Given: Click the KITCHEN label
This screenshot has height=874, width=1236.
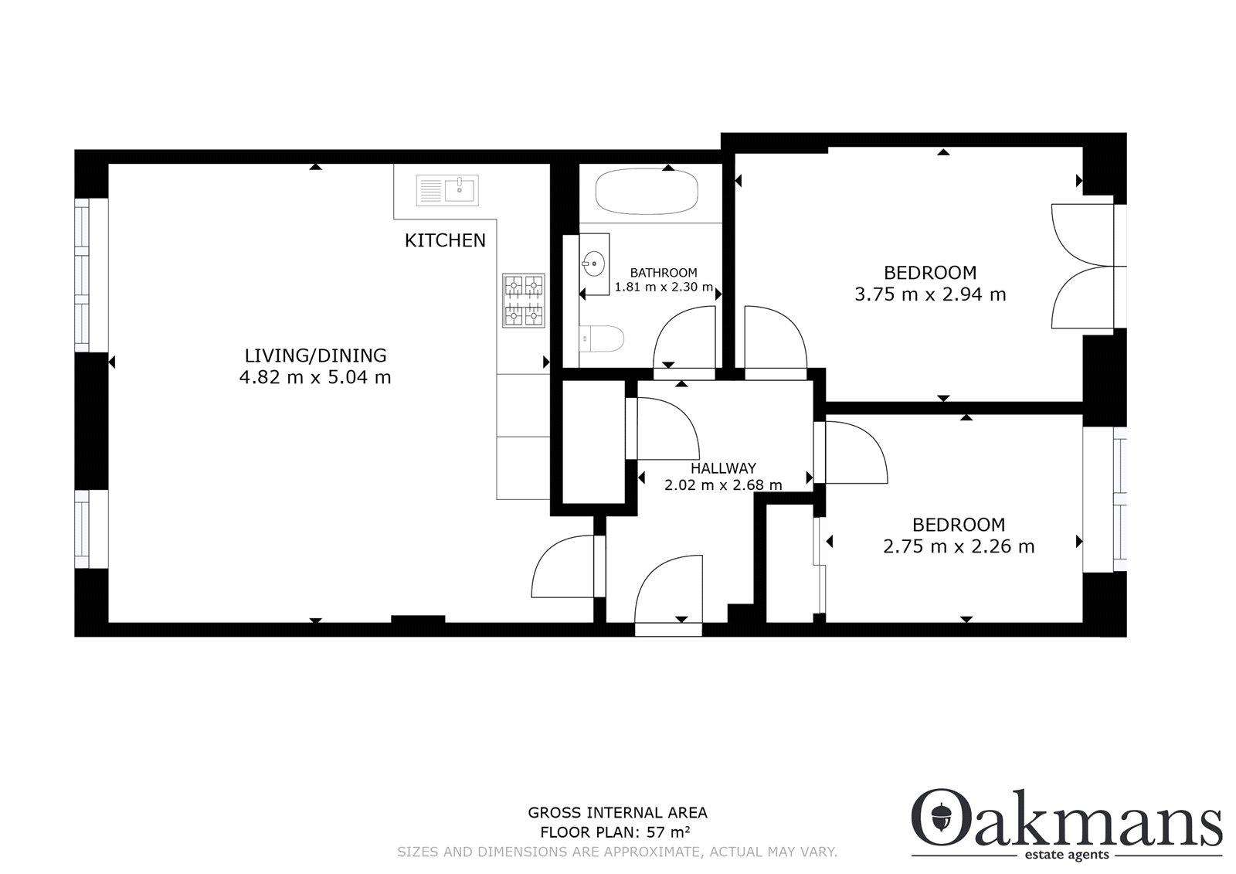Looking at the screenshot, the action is [x=445, y=240].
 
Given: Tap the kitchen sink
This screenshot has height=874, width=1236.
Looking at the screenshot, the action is [x=447, y=190].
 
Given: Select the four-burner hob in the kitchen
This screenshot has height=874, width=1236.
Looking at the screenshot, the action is [x=523, y=301].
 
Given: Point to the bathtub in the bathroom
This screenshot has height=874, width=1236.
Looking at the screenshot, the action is [x=647, y=191].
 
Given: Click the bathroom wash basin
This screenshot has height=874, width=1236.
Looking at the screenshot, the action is [x=594, y=264].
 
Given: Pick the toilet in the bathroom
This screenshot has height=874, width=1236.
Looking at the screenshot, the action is [x=602, y=338].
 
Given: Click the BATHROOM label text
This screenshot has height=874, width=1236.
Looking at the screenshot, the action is [x=664, y=273].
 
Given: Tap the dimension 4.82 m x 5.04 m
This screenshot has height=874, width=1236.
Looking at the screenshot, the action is [x=315, y=378].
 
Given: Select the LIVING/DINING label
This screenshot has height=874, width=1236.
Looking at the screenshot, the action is [x=316, y=355].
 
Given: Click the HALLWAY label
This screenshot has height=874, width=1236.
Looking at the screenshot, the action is [x=723, y=468].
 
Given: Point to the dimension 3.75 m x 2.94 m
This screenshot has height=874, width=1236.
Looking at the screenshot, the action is [x=930, y=294].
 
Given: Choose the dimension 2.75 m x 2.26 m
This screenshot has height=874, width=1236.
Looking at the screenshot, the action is [x=959, y=546].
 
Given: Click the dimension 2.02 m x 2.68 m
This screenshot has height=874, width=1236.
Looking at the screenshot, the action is [x=723, y=485].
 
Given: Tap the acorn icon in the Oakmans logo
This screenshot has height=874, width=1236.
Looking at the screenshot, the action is [x=942, y=817].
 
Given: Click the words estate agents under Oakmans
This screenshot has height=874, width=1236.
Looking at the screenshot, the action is [x=1066, y=855].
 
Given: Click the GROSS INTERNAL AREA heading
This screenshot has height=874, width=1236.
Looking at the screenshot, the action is [x=617, y=813].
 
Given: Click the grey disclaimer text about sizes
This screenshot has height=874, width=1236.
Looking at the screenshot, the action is [x=617, y=852].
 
